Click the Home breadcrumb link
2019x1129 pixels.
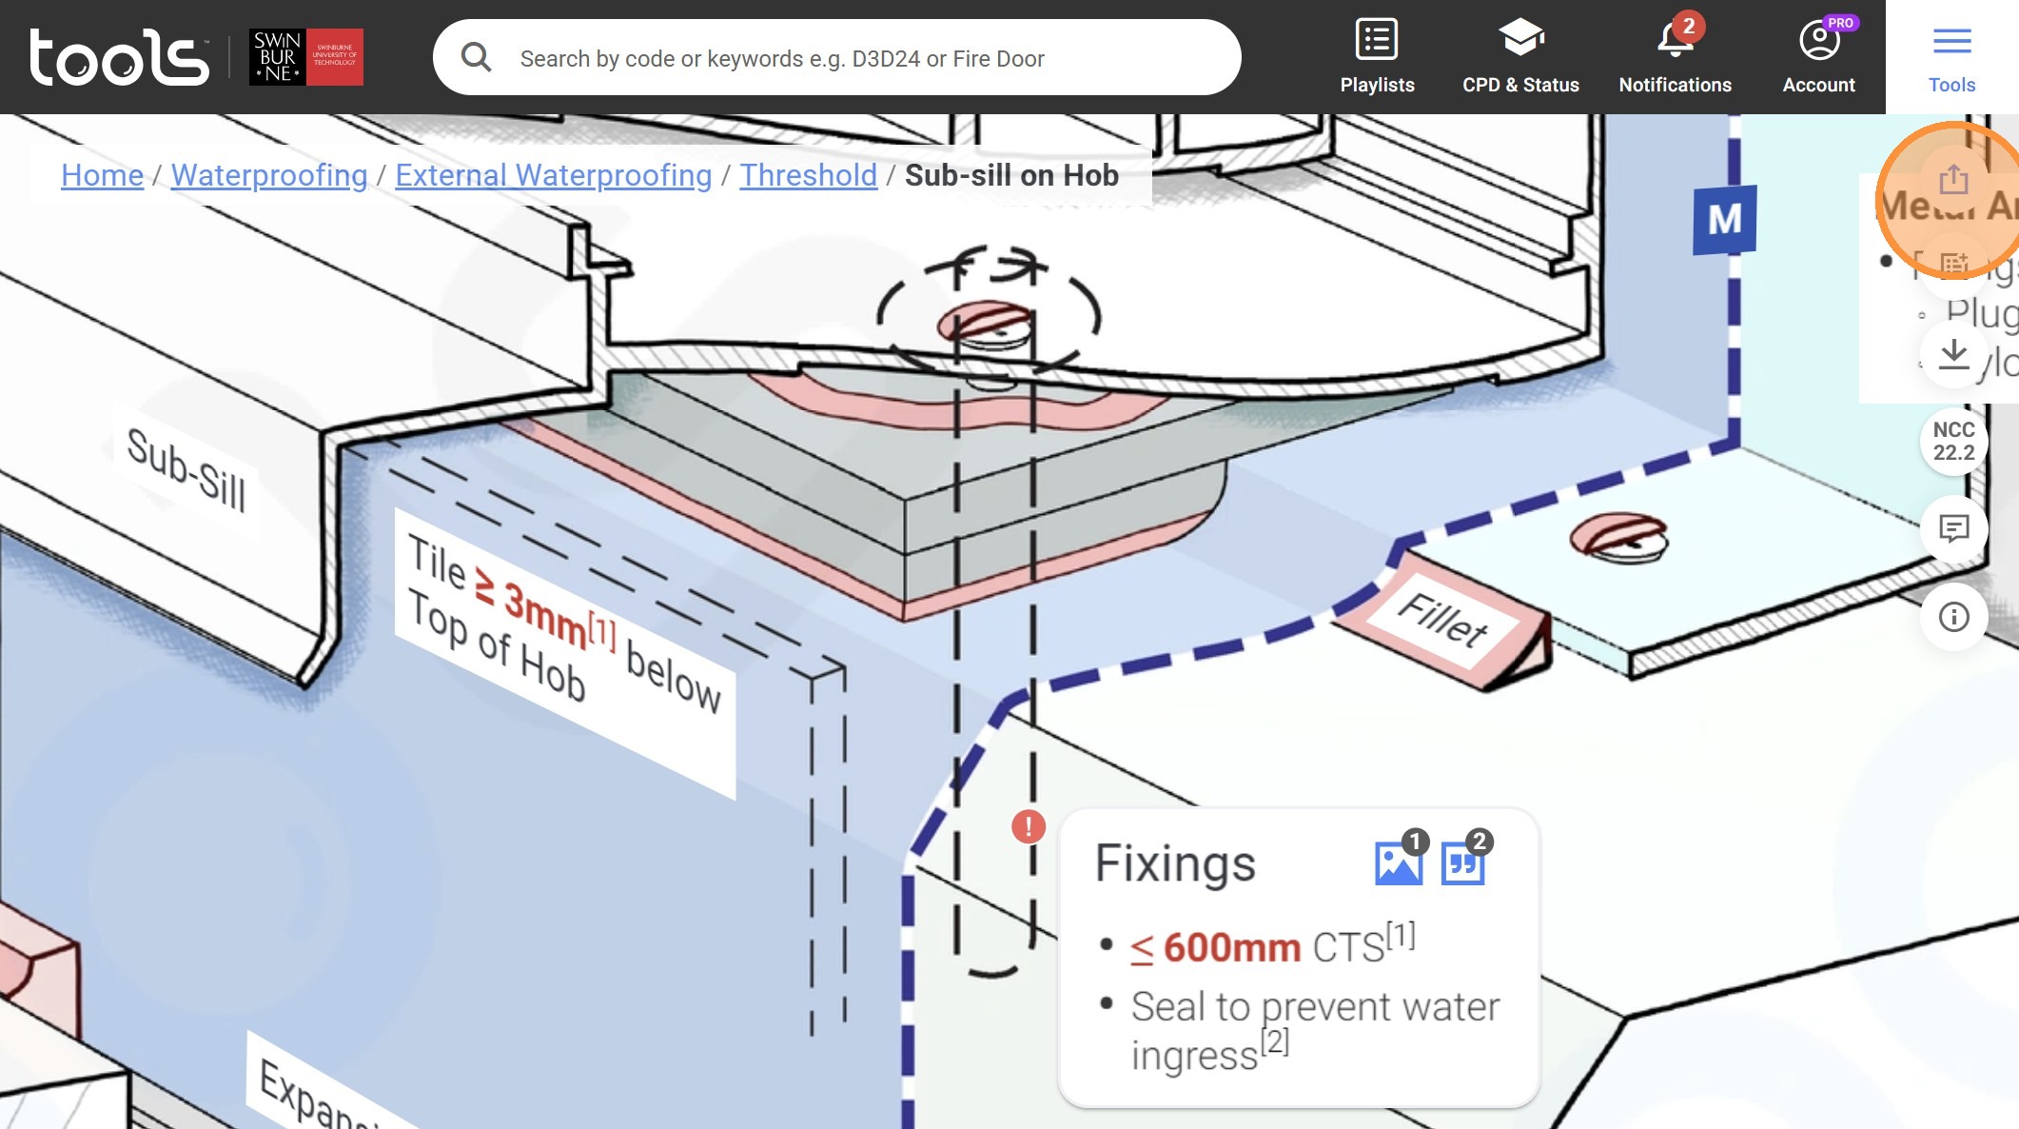(x=102, y=175)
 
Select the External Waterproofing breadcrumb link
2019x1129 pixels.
(x=553, y=175)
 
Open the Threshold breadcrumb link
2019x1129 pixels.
(x=808, y=175)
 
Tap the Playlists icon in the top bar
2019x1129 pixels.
(x=1376, y=40)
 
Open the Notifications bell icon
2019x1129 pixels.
(x=1675, y=40)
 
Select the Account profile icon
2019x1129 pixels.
(x=1818, y=40)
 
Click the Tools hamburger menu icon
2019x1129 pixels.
(x=1951, y=41)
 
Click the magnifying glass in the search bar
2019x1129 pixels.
(x=476, y=58)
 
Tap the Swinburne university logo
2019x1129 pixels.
(x=305, y=57)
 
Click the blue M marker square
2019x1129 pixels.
(x=1724, y=220)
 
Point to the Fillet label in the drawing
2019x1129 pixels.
(x=1442, y=620)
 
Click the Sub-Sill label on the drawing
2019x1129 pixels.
(x=186, y=468)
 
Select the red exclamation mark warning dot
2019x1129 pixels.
(x=1028, y=826)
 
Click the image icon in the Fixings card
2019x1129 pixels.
(x=1398, y=862)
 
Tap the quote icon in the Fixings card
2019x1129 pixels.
(x=1462, y=862)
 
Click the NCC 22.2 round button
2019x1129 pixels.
(x=1953, y=442)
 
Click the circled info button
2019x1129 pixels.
(x=1953, y=617)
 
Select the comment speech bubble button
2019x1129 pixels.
(x=1953, y=528)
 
